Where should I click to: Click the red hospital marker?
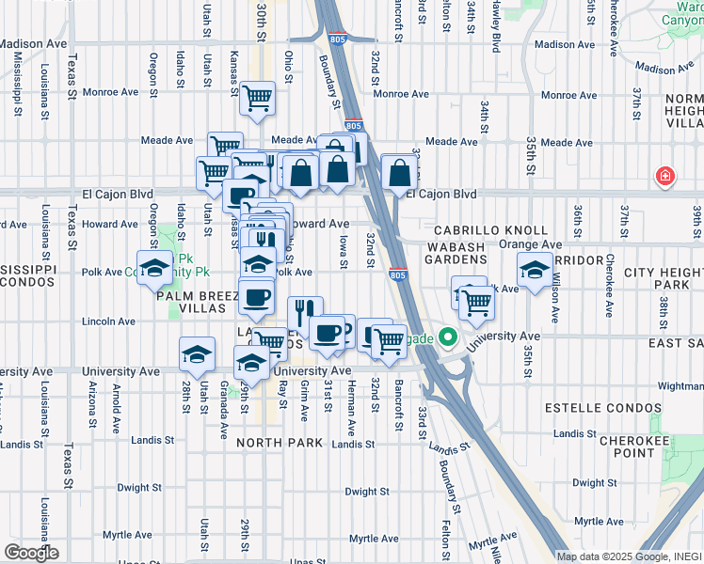tap(665, 176)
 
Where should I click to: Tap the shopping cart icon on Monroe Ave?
tap(257, 98)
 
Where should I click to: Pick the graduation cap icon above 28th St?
tap(197, 354)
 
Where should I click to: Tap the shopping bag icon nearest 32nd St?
tap(399, 172)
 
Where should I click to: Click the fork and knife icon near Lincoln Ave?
tap(303, 311)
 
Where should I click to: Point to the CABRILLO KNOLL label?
tap(490, 230)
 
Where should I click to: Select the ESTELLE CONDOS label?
tap(590, 409)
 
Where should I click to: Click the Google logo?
tap(31, 553)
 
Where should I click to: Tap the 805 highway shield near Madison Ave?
tap(338, 39)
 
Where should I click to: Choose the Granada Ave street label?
tap(224, 417)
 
